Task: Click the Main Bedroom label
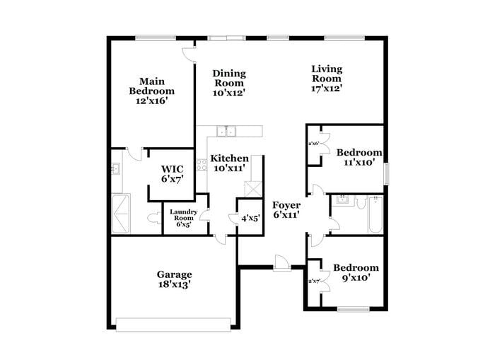pos(151,91)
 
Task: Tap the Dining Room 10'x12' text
pos(229,82)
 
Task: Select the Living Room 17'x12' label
pos(327,79)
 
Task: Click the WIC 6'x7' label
pos(172,174)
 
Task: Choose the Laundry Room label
pos(183,215)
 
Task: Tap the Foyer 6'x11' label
pos(287,210)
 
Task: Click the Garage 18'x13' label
pos(174,279)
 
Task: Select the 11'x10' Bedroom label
pos(359,157)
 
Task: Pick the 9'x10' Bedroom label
pos(356,272)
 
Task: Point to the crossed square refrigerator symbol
pos(252,189)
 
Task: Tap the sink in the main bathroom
pos(115,169)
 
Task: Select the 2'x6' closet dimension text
pos(313,144)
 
